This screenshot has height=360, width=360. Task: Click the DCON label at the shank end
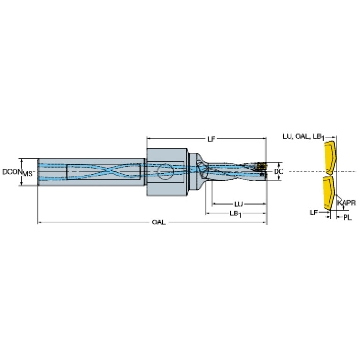(x=12, y=171)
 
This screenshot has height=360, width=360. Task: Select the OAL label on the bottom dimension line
(x=159, y=222)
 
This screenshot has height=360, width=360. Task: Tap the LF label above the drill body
(x=212, y=139)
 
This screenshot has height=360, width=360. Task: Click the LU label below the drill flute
(x=239, y=204)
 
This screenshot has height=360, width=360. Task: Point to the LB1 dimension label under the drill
(x=236, y=214)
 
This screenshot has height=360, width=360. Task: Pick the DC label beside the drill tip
(x=279, y=171)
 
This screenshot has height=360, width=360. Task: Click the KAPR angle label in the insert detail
(x=347, y=203)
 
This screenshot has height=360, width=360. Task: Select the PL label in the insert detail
(x=347, y=217)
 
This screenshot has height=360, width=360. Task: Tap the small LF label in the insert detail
(x=314, y=213)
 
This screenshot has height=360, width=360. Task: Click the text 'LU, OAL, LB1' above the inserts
(x=304, y=137)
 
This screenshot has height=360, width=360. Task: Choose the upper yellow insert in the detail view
(x=330, y=158)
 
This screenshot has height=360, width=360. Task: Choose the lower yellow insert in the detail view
(x=329, y=193)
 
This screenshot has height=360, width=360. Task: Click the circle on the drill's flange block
(x=165, y=172)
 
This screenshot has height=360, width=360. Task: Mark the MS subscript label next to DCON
(x=28, y=174)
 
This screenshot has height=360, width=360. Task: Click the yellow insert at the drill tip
(x=261, y=166)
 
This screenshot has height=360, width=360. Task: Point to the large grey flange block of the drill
(x=168, y=172)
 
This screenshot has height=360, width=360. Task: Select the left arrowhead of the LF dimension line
(x=149, y=138)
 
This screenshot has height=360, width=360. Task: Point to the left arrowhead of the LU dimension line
(x=214, y=204)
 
